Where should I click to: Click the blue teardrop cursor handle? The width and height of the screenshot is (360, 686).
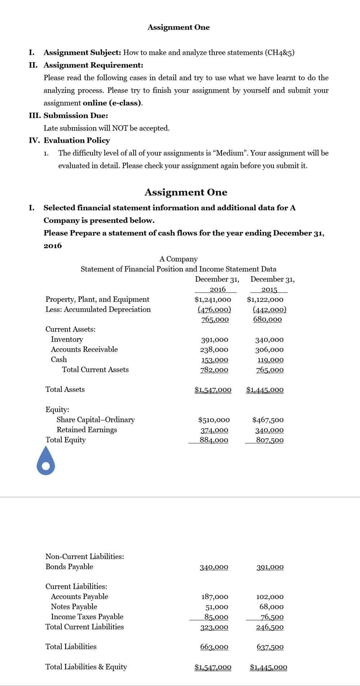click(x=46, y=462)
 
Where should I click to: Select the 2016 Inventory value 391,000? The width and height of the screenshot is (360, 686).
click(x=214, y=340)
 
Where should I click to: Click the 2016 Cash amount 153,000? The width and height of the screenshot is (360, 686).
click(x=214, y=360)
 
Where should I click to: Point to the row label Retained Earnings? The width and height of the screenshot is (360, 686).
click(x=86, y=430)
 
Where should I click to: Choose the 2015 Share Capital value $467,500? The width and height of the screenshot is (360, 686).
click(x=268, y=420)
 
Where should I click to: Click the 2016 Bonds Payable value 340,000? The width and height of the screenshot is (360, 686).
click(x=214, y=567)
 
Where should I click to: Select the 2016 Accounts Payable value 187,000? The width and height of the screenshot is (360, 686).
click(x=214, y=597)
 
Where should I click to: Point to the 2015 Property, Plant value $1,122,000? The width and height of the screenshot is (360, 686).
click(x=265, y=299)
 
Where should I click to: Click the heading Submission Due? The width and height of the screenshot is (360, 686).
click(x=76, y=116)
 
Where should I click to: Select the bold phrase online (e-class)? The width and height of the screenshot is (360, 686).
click(x=112, y=103)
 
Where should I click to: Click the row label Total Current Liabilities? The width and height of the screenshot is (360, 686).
click(x=84, y=627)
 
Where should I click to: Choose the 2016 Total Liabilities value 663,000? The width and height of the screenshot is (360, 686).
click(x=214, y=647)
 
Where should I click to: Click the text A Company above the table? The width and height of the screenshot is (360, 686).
click(x=178, y=259)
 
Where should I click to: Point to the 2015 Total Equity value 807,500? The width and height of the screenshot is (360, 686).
click(x=270, y=440)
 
